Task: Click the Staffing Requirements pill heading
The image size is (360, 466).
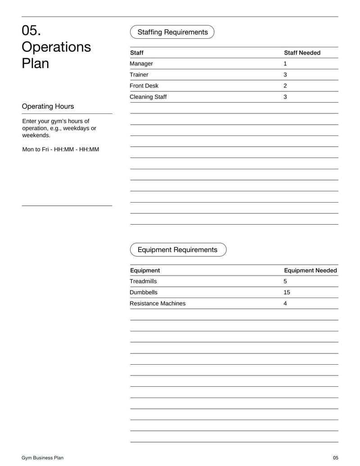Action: coord(172,32)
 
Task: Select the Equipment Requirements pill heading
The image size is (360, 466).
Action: coord(178,250)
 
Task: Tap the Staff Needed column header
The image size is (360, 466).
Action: coord(302,53)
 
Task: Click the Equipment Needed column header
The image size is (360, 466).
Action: coord(310,271)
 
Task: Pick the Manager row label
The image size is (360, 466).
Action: coord(141,63)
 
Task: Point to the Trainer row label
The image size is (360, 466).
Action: coord(139,75)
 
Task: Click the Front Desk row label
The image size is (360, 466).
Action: coord(144,86)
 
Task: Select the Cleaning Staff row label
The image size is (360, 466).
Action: coord(148,97)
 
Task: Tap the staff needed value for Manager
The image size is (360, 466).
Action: coord(285,63)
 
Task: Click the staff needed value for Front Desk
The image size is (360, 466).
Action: coord(285,86)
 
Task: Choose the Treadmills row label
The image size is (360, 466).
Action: coord(143,281)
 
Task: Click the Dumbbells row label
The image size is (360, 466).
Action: coord(144,292)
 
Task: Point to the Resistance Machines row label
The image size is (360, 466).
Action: coord(157,303)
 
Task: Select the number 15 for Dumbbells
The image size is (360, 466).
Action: coord(287,292)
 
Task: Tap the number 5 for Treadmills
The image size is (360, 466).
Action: coord(285,281)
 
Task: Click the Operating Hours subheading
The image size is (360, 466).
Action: coord(48,107)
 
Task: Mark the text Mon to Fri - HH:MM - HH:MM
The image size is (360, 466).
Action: coord(61,149)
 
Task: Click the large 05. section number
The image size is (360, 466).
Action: coord(31,31)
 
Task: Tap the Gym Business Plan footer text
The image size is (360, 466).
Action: coord(43,458)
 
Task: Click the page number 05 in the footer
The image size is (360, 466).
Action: coord(335,458)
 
